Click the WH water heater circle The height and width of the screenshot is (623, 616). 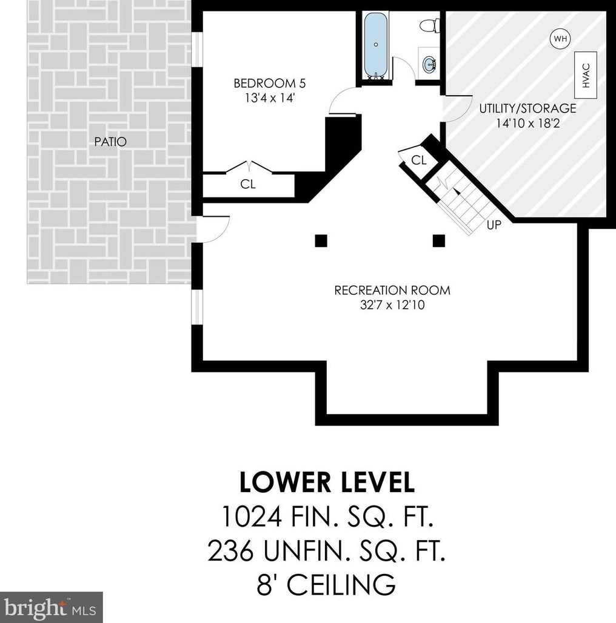click(x=560, y=39)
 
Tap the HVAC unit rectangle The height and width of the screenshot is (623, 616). click(x=586, y=76)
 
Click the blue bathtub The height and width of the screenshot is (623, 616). click(x=376, y=45)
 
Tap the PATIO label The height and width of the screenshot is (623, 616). click(x=110, y=142)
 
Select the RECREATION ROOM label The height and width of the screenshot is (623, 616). click(x=392, y=291)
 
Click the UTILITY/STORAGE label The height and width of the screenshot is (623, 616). click(x=527, y=108)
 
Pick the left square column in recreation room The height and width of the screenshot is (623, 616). click(x=321, y=241)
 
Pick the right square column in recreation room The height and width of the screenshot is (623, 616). click(x=438, y=241)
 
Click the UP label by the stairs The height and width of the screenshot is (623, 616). click(x=494, y=225)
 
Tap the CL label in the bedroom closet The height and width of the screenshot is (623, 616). click(x=248, y=184)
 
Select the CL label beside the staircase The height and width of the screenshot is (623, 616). click(x=418, y=160)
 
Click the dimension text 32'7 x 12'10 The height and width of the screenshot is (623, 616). click(x=392, y=305)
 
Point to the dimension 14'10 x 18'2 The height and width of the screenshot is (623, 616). click(x=527, y=124)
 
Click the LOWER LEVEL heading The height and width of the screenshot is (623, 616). click(x=327, y=482)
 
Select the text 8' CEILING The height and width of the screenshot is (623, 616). click(x=326, y=584)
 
